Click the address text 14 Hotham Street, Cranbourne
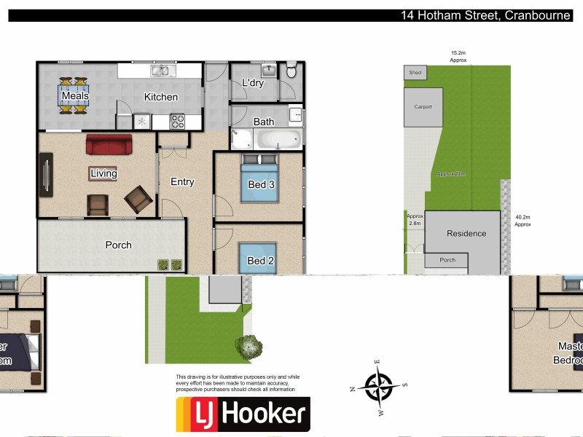pos(485,15)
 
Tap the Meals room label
pos(75,96)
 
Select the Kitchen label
pos(160,97)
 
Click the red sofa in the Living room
pos(109,144)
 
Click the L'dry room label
pos(252,83)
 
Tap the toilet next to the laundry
pos(291,71)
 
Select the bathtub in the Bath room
pos(276,138)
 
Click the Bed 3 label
pos(261,184)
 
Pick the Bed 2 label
pos(260,261)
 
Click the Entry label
pos(182,182)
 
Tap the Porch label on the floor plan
pos(118,245)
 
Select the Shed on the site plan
pos(415,73)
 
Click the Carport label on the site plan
pos(423,107)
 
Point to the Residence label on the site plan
pos(466,234)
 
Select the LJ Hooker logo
pos(243,414)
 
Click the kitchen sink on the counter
pos(160,71)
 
